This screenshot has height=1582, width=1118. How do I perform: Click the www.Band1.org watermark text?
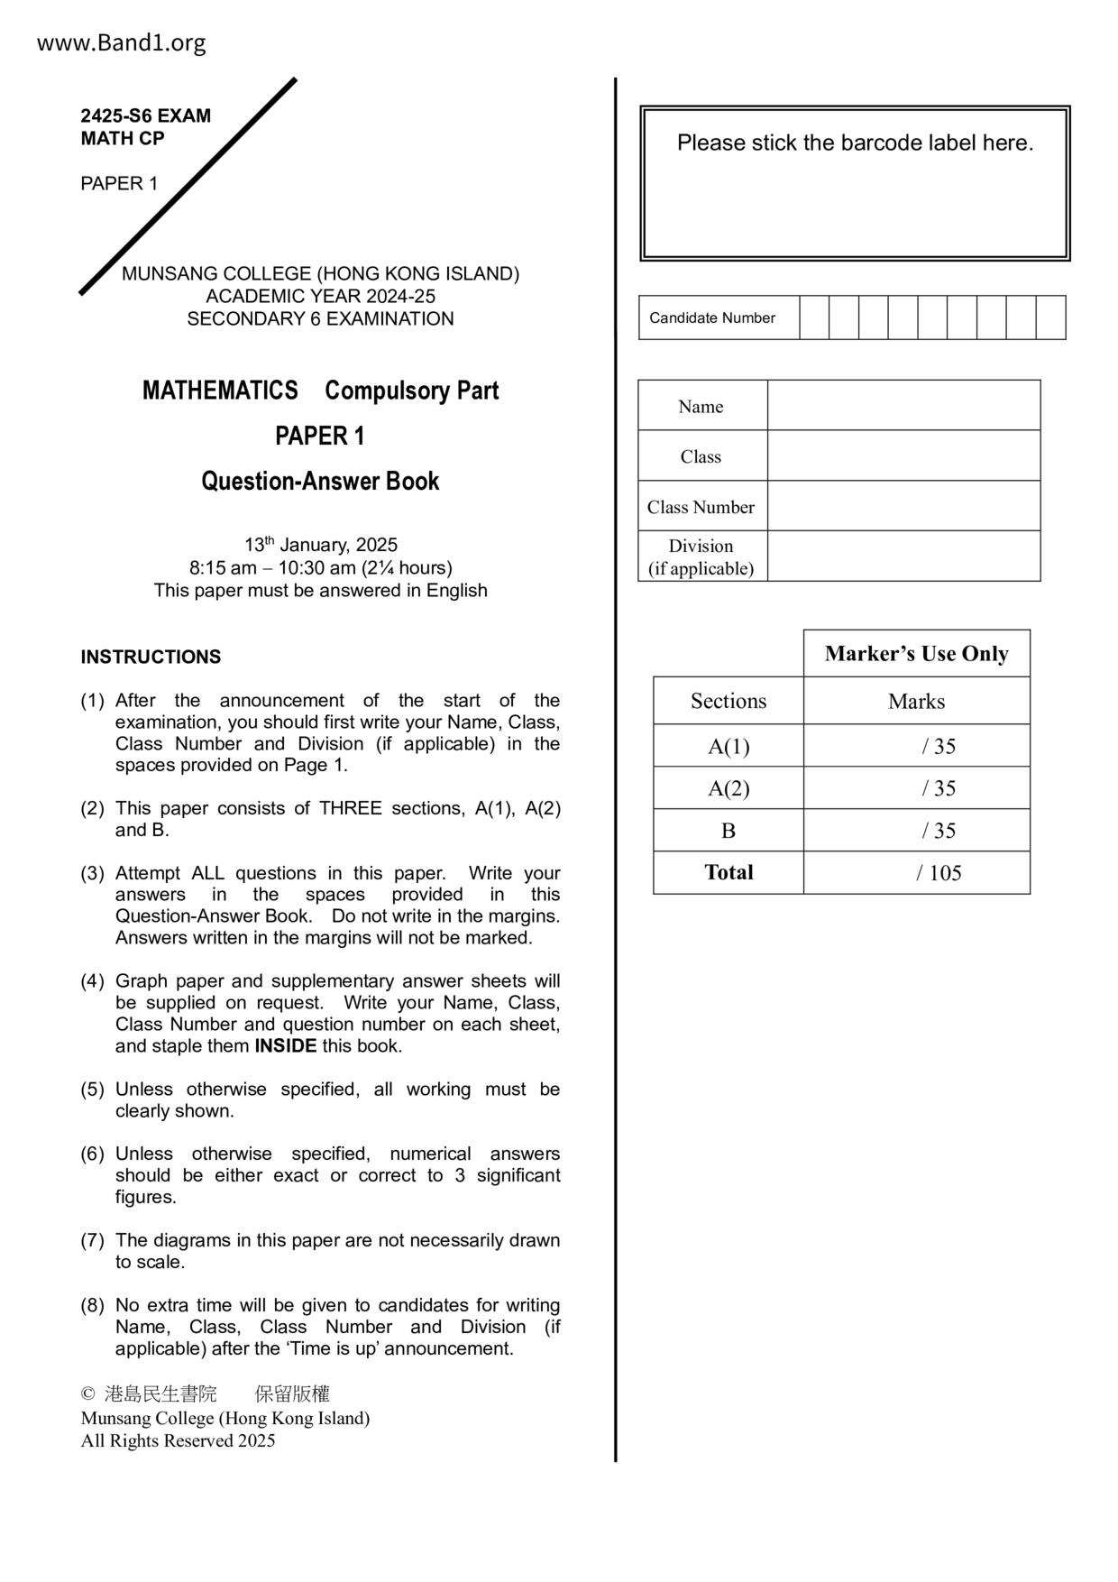tap(121, 42)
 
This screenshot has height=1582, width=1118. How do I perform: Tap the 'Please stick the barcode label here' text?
tap(855, 143)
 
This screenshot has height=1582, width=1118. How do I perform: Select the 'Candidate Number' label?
tap(712, 317)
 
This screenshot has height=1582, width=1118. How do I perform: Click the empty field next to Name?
tap(903, 405)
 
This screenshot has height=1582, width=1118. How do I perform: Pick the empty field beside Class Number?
tap(903, 506)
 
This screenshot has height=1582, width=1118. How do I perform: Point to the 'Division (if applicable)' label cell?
tap(701, 556)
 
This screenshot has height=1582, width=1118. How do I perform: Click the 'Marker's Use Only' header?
tap(916, 653)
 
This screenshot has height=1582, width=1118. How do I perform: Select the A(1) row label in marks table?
tap(729, 746)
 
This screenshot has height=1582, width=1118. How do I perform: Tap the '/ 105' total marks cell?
tap(939, 872)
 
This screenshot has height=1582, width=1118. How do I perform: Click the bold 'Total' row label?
tap(729, 872)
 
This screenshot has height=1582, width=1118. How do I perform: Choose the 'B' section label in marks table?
tap(729, 831)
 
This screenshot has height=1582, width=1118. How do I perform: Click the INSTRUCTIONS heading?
tap(151, 657)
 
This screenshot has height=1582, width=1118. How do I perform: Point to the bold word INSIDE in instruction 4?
tap(285, 1046)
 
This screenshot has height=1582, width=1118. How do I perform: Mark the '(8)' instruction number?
tap(93, 1305)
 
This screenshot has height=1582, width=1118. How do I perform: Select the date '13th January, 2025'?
tap(320, 545)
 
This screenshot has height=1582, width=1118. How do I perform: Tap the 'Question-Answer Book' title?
tap(320, 481)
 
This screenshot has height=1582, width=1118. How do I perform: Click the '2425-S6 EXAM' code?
tap(145, 115)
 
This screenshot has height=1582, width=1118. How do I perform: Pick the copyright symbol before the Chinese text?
tap(87, 1394)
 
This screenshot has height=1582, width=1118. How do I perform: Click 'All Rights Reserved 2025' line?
tap(178, 1440)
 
